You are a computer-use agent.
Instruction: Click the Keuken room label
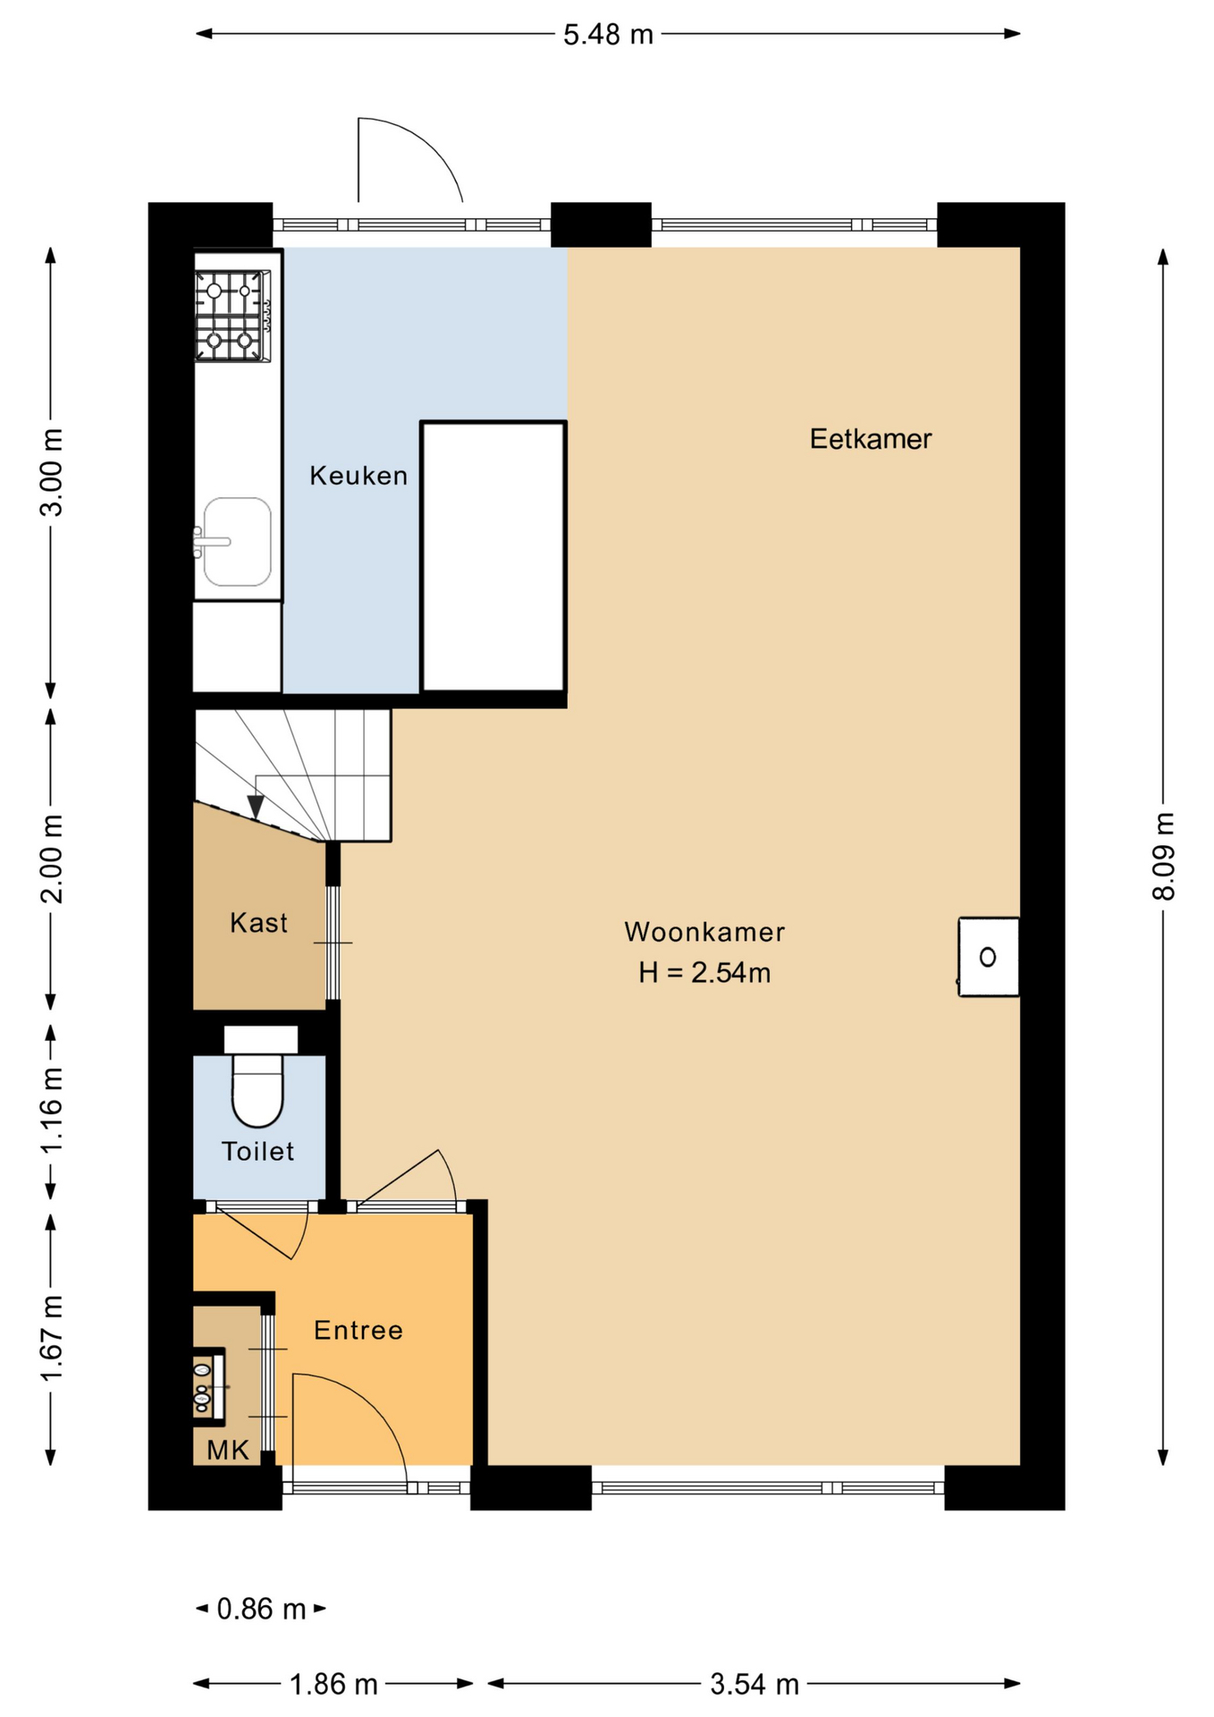point(358,475)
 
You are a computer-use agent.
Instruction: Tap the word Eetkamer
point(870,438)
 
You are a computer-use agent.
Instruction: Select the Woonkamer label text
point(704,932)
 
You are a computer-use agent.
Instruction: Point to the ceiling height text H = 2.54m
point(704,972)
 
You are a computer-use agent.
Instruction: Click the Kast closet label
point(257,922)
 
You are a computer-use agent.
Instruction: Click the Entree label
point(358,1330)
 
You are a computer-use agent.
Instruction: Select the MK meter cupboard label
point(227,1450)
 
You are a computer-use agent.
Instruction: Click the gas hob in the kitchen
point(232,316)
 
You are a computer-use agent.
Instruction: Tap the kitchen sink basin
point(236,542)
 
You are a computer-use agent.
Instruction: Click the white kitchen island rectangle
point(493,556)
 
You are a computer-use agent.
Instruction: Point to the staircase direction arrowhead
point(257,807)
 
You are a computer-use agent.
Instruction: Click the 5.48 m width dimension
point(608,35)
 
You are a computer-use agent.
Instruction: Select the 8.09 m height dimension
point(1163,856)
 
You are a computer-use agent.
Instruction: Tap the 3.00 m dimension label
point(52,472)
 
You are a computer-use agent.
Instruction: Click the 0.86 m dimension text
point(261,1609)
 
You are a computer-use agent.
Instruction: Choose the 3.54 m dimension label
point(754,1684)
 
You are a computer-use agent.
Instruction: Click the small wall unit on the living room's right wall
point(988,957)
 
